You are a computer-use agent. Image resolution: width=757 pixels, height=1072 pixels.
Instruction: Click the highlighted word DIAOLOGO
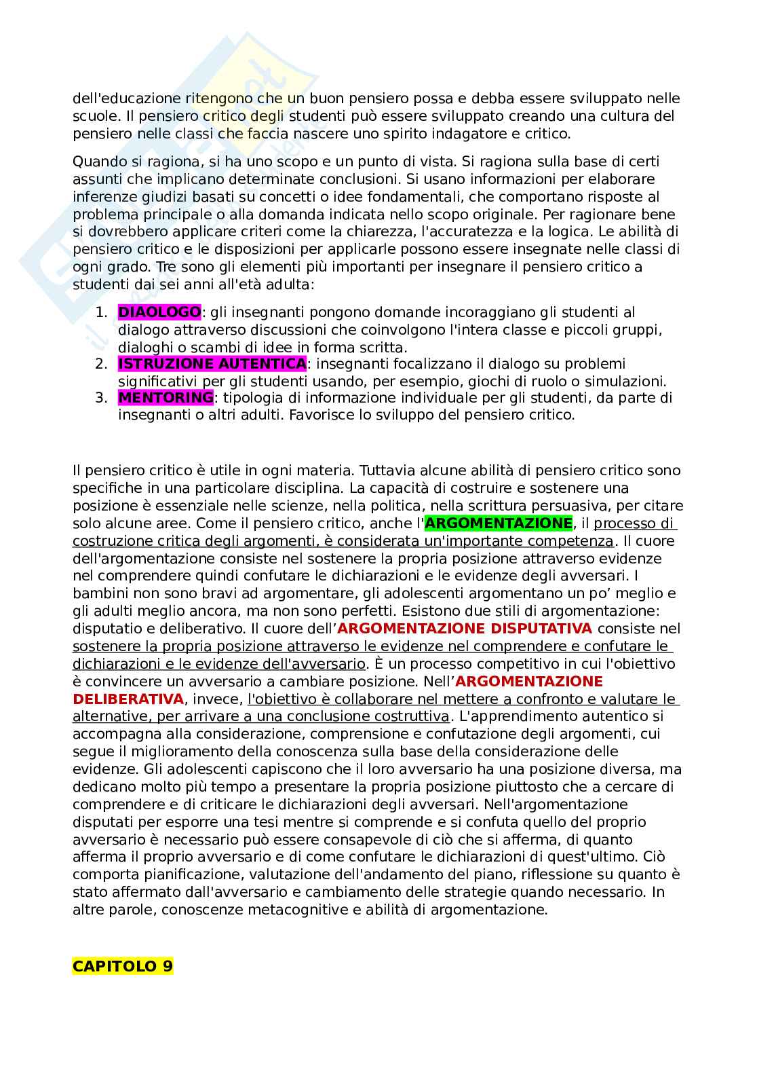159,312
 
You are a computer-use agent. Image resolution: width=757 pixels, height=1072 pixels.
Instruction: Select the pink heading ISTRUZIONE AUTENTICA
212,364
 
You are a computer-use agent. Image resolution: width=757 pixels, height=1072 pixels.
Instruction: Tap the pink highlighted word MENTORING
166,397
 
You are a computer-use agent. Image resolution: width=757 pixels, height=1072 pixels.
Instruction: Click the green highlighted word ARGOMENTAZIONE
499,523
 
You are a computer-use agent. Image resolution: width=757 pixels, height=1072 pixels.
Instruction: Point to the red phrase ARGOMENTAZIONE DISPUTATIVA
465,629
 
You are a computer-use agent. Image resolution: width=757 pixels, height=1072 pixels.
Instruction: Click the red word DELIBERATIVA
128,699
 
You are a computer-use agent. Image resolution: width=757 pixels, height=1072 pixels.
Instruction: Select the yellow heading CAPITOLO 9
123,966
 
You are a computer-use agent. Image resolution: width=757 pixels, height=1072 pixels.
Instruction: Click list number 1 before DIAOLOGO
100,312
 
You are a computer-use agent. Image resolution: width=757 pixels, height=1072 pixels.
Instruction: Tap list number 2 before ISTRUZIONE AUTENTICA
100,364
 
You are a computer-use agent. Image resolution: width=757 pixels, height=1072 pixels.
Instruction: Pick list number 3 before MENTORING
100,397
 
